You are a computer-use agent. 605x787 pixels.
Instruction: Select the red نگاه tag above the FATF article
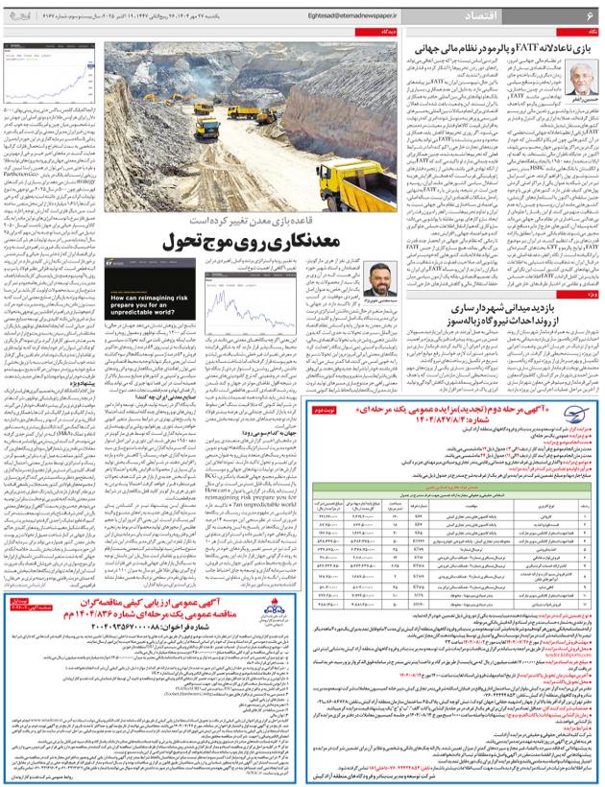click(x=593, y=32)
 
